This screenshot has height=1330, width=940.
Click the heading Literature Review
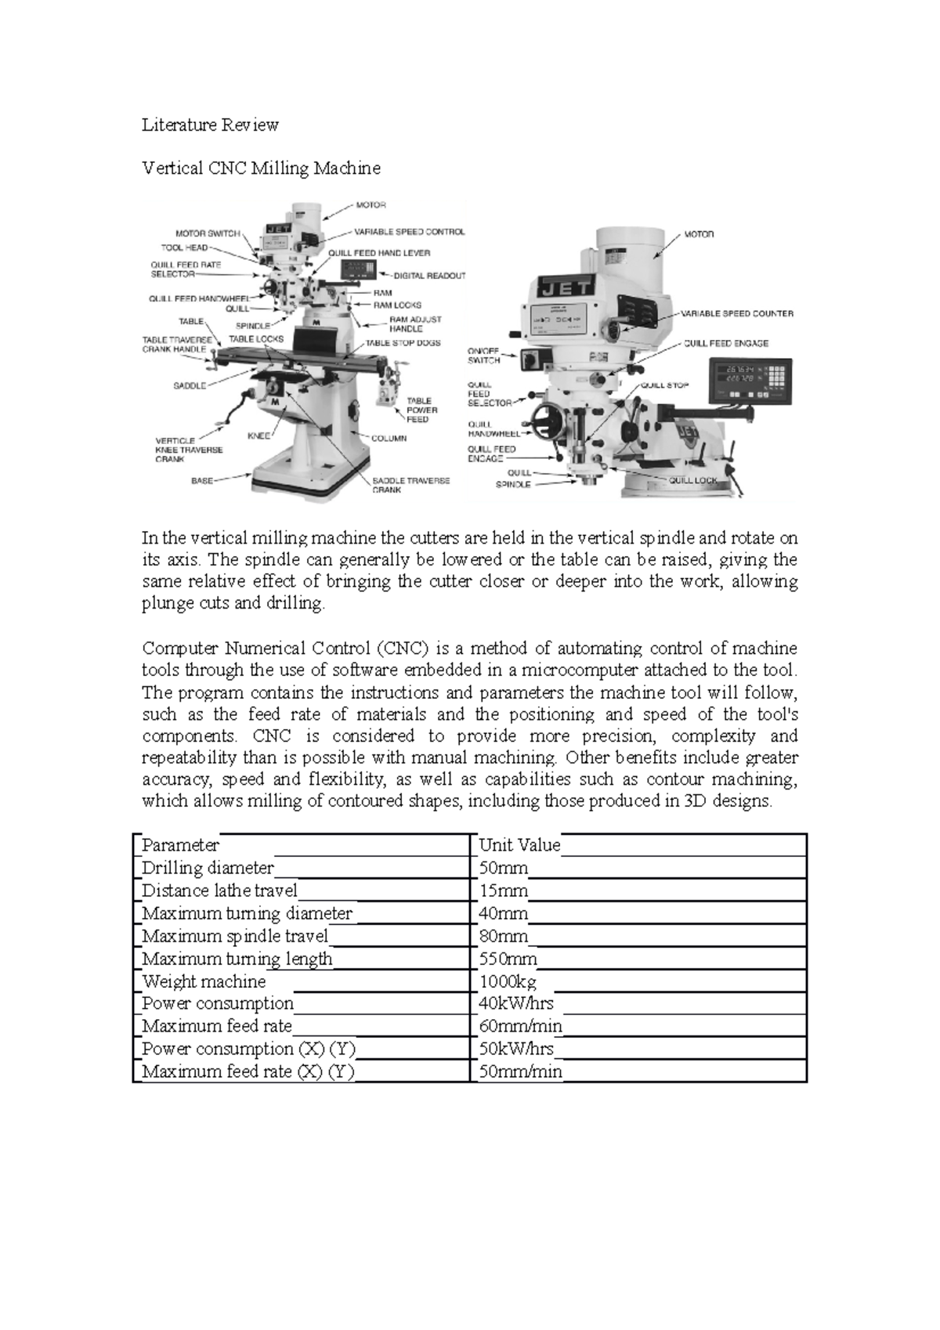point(210,125)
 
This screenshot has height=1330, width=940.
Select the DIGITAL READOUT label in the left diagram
point(429,276)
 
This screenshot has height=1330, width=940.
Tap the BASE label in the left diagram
point(203,481)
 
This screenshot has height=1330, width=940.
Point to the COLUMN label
point(389,439)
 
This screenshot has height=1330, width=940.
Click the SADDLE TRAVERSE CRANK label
point(410,485)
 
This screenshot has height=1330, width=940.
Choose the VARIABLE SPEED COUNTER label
point(736,313)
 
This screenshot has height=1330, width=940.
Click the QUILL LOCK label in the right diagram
point(692,480)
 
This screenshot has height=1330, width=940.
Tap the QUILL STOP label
point(664,385)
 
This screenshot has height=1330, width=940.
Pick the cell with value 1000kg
point(508,981)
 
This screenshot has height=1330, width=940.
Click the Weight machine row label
point(204,981)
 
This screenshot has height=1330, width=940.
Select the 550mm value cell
point(508,959)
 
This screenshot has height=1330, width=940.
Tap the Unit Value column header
point(519,845)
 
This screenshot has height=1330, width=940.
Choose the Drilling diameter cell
point(208,868)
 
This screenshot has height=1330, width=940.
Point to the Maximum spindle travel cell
point(235,936)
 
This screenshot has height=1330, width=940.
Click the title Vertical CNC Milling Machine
point(261,168)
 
